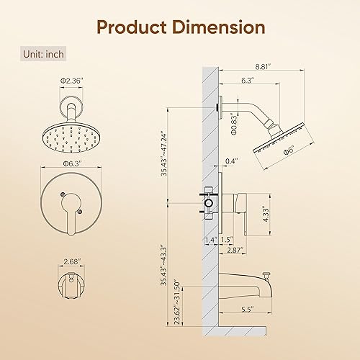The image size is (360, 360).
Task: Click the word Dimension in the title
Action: tap(219, 27)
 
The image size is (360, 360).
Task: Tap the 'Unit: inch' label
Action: tap(43, 54)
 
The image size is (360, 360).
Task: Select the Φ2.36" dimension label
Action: tap(71, 81)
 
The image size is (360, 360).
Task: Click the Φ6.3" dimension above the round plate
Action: tap(72, 163)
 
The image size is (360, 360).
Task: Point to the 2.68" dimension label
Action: tap(72, 261)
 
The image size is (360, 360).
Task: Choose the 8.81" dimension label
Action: tap(263, 66)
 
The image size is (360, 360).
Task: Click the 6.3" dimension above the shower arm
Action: tap(248, 80)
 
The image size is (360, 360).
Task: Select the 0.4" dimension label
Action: tap(231, 161)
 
